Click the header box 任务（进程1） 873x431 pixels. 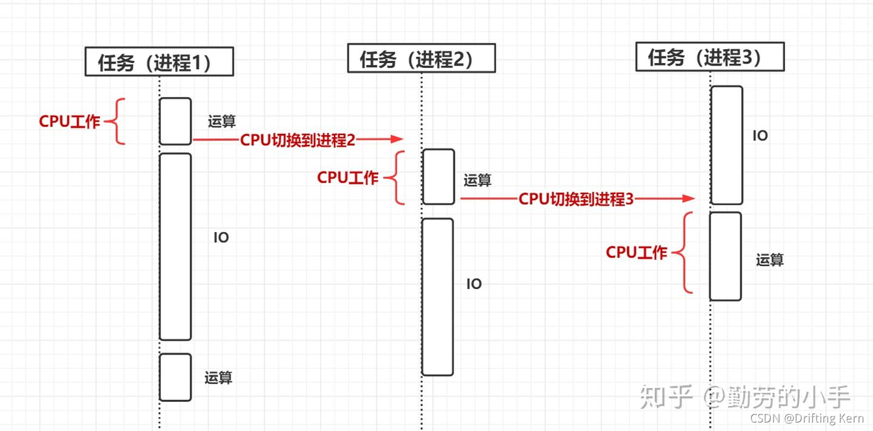coord(159,62)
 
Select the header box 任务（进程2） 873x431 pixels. coord(421,59)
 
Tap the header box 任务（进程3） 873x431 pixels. coord(710,57)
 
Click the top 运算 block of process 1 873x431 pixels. coord(175,121)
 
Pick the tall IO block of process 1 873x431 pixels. coord(175,247)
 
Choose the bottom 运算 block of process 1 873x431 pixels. coord(175,377)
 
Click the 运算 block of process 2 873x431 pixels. coord(438,177)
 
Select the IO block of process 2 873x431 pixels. coord(438,297)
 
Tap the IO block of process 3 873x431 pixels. coord(726,145)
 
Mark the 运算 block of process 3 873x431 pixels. coord(726,256)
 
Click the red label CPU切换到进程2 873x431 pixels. coord(298,140)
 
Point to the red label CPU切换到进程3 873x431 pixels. coord(576,199)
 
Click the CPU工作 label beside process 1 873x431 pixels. coord(70,122)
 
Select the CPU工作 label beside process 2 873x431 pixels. coord(348,178)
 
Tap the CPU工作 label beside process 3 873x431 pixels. coord(637,253)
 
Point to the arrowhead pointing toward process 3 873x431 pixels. coord(688,198)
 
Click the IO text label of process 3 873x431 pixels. coord(760,136)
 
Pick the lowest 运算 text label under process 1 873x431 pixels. coord(218,378)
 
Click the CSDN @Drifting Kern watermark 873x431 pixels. coord(807,418)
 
